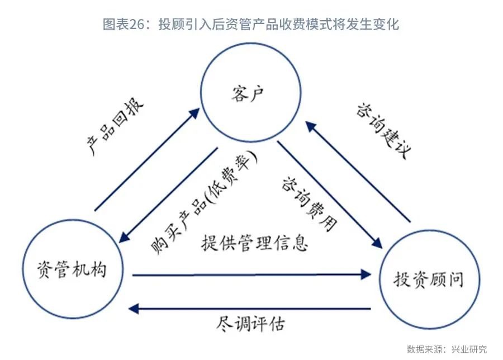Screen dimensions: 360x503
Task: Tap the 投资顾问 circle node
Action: tap(428, 278)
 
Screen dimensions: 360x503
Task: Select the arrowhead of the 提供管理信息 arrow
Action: tap(367, 274)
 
